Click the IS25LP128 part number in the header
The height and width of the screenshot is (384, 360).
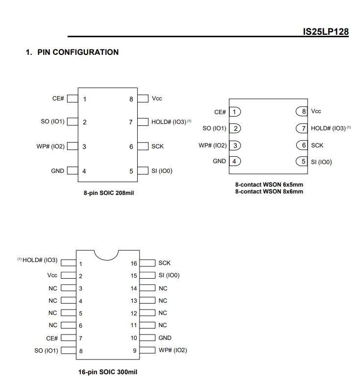pyautogui.click(x=326, y=31)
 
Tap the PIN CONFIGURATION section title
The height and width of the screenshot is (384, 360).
pyautogui.click(x=78, y=52)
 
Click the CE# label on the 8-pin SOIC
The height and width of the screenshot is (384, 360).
pyautogui.click(x=58, y=98)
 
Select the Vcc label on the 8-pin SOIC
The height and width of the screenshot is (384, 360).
pyautogui.click(x=157, y=98)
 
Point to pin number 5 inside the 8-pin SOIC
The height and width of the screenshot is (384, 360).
pyautogui.click(x=131, y=171)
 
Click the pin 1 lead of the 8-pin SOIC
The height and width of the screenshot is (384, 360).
pyautogui.click(x=72, y=99)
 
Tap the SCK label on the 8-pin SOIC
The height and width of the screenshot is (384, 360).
pyautogui.click(x=158, y=146)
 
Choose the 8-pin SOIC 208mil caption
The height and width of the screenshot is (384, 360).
pyautogui.click(x=109, y=193)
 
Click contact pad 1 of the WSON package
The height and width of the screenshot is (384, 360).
pyautogui.click(x=235, y=112)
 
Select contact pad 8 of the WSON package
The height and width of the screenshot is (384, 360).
pyautogui.click(x=302, y=112)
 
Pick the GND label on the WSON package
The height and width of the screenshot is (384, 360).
pyautogui.click(x=219, y=161)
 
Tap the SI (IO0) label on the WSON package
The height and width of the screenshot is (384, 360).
pyautogui.click(x=321, y=162)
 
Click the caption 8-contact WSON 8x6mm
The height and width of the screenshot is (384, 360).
pyautogui.click(x=269, y=192)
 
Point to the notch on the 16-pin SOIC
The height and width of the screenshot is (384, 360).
pyautogui.click(x=106, y=260)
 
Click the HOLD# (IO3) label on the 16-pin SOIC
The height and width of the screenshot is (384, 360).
pyautogui.click(x=40, y=260)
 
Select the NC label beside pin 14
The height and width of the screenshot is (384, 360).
pyautogui.click(x=163, y=288)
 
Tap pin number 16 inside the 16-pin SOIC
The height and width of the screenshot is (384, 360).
pyautogui.click(x=134, y=264)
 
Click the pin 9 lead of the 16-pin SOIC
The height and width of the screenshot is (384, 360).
pyautogui.click(x=147, y=350)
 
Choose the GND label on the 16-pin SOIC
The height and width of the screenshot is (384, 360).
pyautogui.click(x=165, y=338)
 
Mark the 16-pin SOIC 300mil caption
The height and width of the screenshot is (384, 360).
pyautogui.click(x=108, y=372)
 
